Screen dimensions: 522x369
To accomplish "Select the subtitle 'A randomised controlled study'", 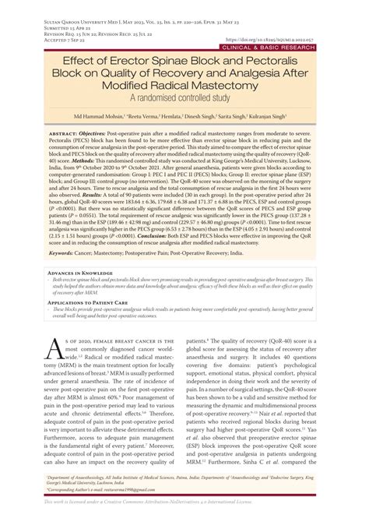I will [x=184, y=100].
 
